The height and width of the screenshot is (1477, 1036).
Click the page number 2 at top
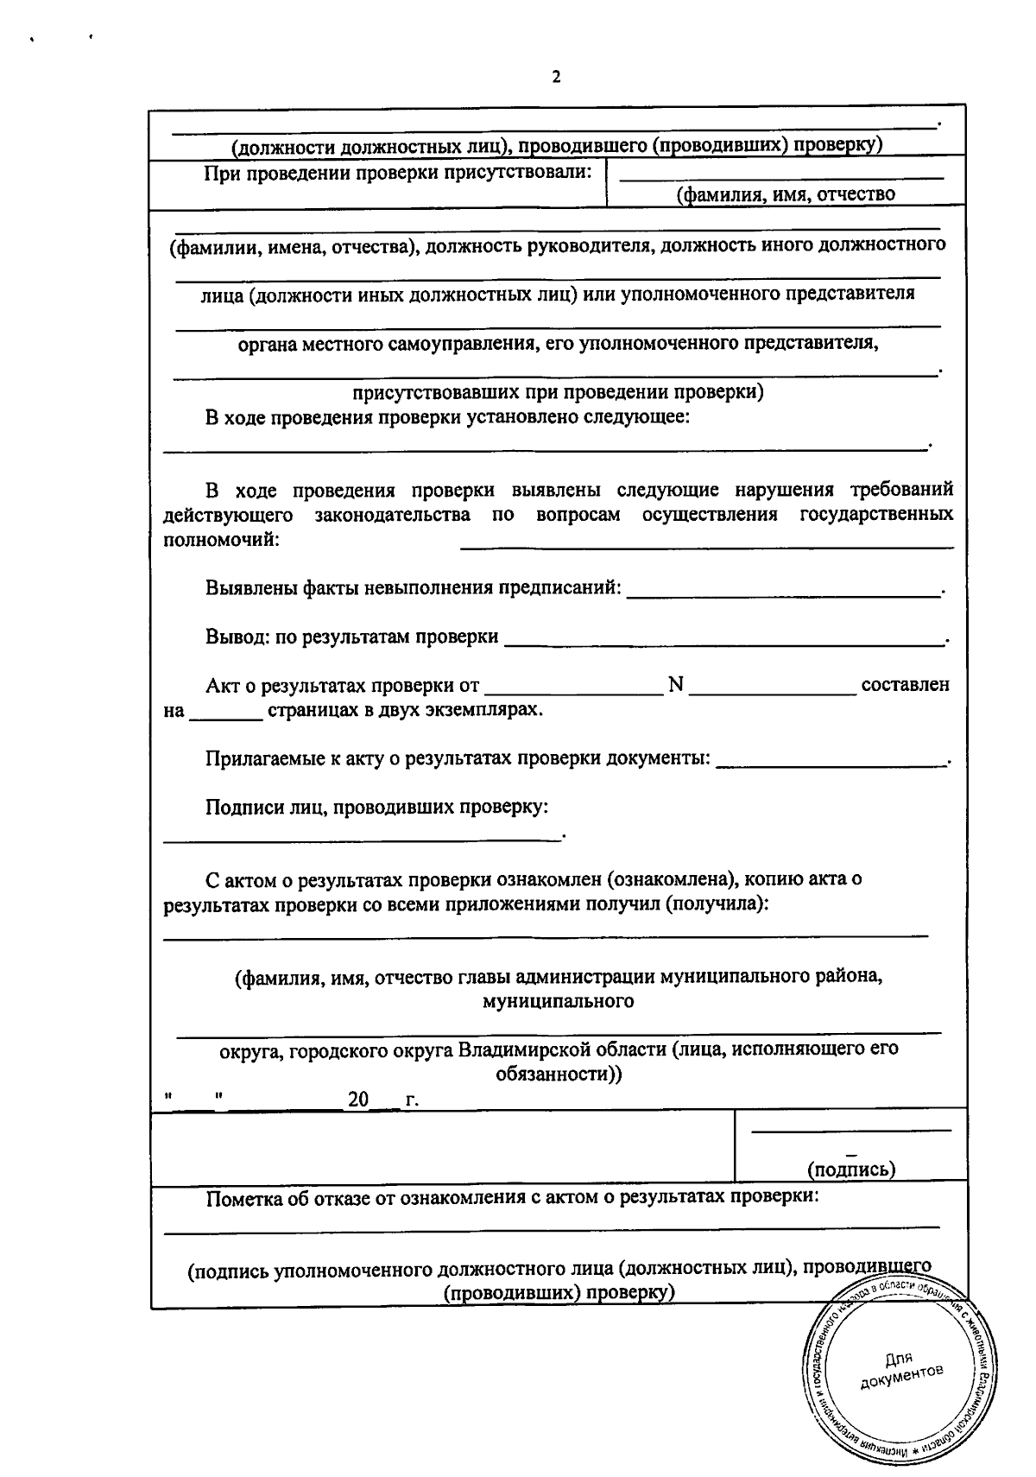[x=556, y=78]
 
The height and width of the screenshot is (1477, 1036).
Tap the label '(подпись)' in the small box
[x=850, y=1170]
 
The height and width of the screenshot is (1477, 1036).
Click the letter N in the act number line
[x=675, y=685]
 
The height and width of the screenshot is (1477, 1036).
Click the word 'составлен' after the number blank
[x=906, y=685]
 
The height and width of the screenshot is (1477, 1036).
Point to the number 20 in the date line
[x=357, y=1100]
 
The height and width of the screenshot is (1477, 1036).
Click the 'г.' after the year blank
[x=411, y=1101]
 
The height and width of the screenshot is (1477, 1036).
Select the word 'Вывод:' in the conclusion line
[x=237, y=637]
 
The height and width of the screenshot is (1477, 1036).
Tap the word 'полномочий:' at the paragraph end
[x=221, y=540]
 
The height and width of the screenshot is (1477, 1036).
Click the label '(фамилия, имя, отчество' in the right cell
[x=786, y=194]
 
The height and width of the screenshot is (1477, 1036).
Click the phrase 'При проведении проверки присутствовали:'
[x=398, y=173]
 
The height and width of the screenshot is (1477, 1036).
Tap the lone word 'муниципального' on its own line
[x=558, y=1001]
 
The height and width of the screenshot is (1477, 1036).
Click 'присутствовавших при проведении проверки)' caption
[x=558, y=392]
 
